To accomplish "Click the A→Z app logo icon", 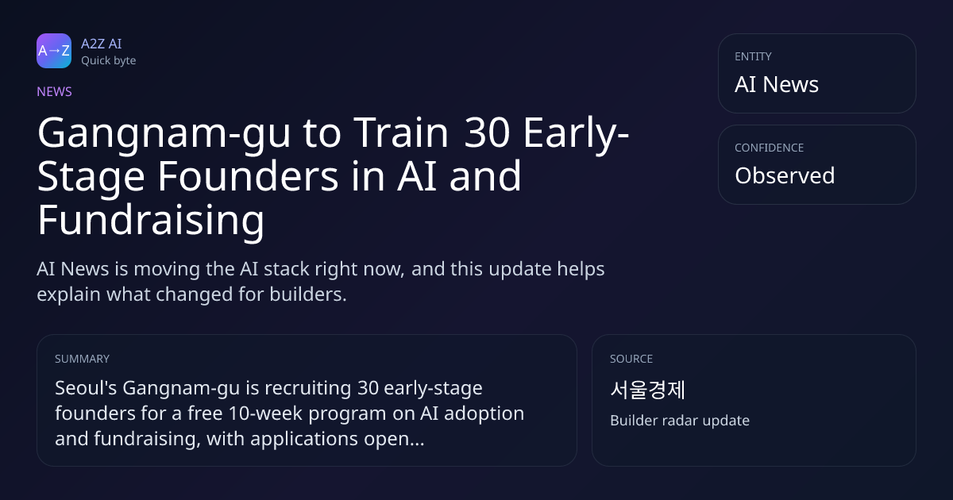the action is tap(54, 51).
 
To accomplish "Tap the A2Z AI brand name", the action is tap(102, 44).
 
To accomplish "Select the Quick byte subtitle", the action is tap(109, 61).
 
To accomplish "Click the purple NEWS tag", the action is tap(54, 91).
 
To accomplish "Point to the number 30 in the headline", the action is tap(487, 133).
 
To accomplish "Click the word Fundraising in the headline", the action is tap(151, 221).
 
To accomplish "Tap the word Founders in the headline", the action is tap(248, 176).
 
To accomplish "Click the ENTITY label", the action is tap(753, 56).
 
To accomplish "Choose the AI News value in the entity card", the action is tap(777, 84).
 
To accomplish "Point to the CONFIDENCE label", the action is tap(770, 148).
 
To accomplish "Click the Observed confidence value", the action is tap(785, 175).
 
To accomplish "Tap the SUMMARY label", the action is tap(82, 359).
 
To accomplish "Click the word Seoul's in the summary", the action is tap(86, 388).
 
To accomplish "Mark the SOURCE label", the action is tap(631, 359).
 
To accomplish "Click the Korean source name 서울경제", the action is tap(647, 390).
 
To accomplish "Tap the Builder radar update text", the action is tap(680, 421).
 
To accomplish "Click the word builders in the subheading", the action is tap(308, 294).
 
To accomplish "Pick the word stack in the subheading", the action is tap(280, 269).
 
